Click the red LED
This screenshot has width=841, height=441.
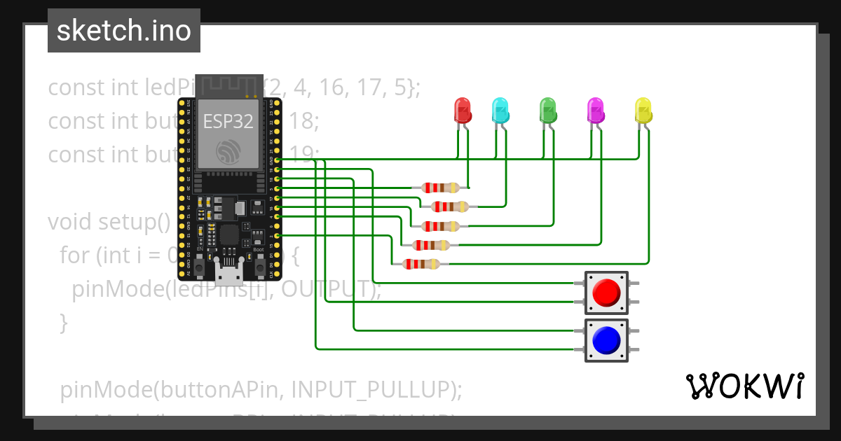463,111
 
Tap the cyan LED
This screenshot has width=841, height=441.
500,111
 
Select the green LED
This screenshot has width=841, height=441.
547,111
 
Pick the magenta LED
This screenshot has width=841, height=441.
595,111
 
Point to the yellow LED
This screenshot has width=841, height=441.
643,111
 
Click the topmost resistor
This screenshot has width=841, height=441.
439,188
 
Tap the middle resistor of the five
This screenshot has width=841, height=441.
439,226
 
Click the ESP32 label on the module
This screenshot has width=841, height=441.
228,120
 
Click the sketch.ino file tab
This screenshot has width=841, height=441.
124,31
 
